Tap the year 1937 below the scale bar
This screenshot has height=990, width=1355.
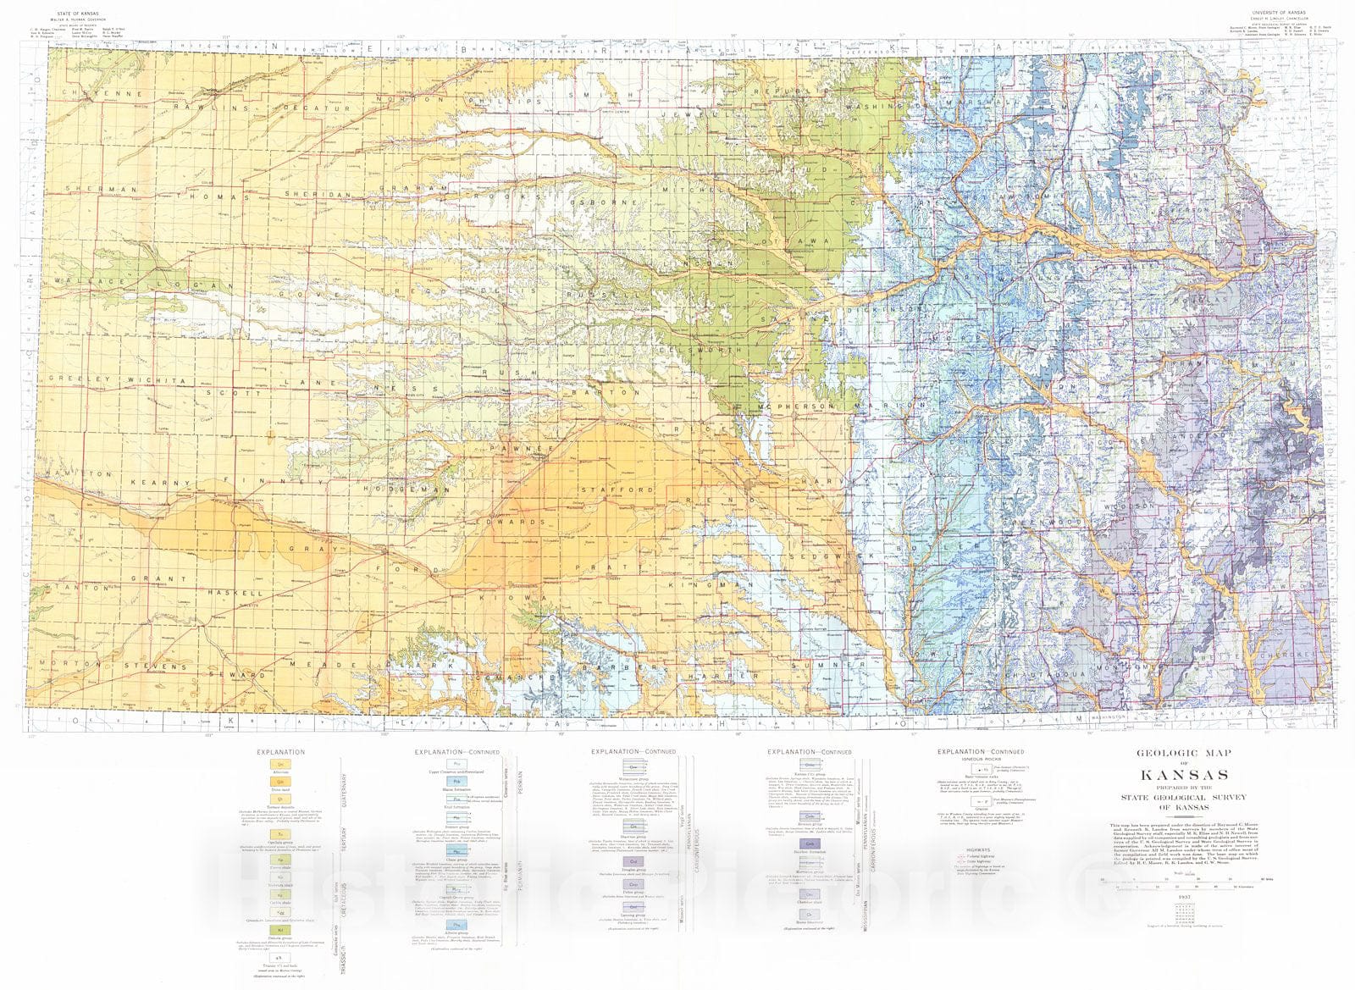point(1185,897)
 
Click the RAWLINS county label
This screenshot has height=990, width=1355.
point(197,108)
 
